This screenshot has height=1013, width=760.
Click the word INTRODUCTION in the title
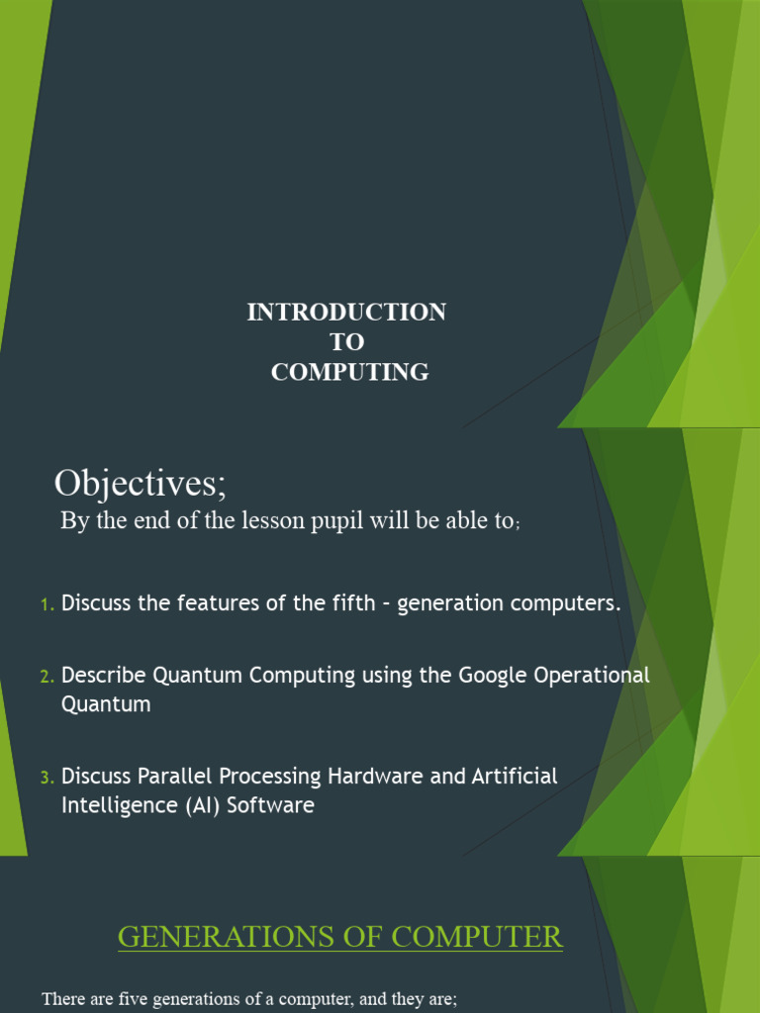[x=346, y=313]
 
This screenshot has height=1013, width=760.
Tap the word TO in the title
[x=346, y=342]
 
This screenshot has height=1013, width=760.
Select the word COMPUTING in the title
[x=350, y=373]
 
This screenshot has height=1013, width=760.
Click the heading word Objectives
[x=140, y=484]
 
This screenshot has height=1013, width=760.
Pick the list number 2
[x=47, y=677]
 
